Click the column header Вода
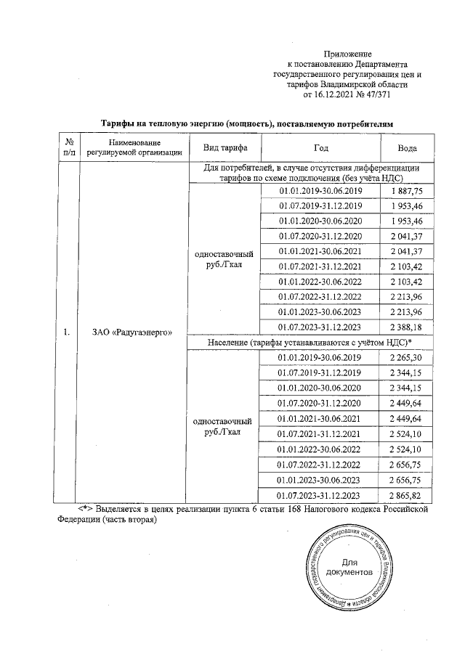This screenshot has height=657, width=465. (408, 147)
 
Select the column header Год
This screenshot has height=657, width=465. (320, 147)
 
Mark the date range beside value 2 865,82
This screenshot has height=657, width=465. (320, 494)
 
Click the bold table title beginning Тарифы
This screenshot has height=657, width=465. (246, 124)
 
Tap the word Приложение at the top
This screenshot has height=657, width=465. (347, 54)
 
